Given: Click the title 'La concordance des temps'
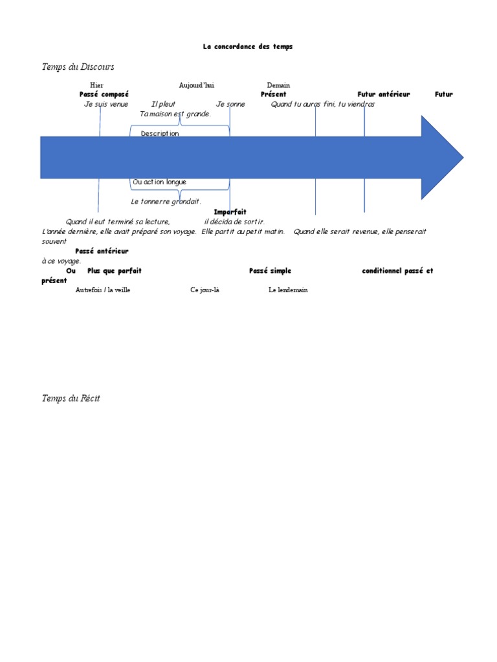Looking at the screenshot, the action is point(248,47).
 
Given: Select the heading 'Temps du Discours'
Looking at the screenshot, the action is point(78,67).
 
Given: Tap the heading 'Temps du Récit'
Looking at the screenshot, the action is point(71,398).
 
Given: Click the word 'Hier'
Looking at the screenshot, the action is point(96,85).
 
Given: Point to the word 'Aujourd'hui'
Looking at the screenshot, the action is point(197,85).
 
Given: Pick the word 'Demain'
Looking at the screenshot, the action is point(278,85).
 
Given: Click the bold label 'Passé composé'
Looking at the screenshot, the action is point(104,94).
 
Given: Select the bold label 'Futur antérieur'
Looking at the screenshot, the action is point(384,94).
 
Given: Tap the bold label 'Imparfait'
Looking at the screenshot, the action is point(230,212).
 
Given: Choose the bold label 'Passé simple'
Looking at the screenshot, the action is point(270,271).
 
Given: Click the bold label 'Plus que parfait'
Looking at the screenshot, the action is point(115,271).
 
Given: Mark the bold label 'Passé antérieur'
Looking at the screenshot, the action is point(102,251).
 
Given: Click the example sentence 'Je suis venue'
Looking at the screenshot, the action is point(106,104).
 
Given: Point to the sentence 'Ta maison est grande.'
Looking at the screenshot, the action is point(175,114).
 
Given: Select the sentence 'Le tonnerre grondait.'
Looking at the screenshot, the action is point(166,202).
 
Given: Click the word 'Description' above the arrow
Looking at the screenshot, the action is point(160,133).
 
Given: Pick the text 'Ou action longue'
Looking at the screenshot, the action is point(159,182).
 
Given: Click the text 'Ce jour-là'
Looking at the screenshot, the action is point(204,290).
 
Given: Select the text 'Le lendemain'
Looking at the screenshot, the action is point(288,290).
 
